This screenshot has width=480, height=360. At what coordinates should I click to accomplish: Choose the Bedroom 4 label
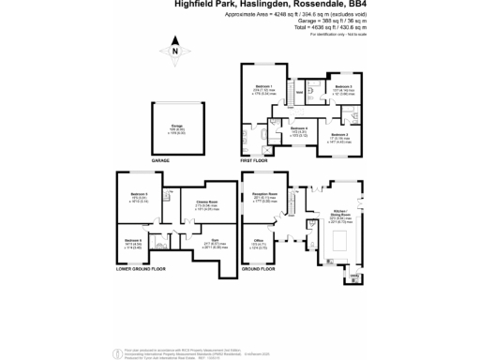coord(298,128)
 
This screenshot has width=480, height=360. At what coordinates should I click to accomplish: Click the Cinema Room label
coord(207,201)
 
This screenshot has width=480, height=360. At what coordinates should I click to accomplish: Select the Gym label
coord(215,241)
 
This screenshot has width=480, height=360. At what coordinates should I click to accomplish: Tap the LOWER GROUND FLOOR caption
coord(136,269)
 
